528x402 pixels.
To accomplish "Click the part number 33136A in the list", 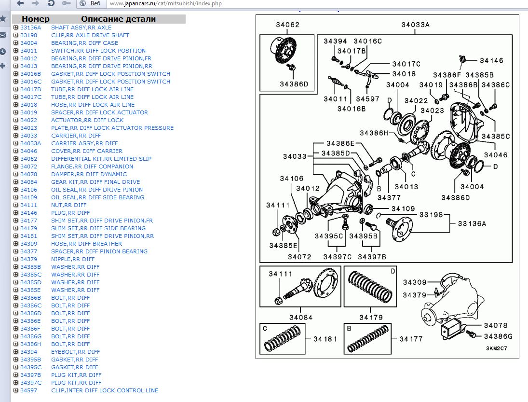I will tap(30, 28).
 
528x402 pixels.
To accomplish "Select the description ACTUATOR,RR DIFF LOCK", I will tap(87, 120).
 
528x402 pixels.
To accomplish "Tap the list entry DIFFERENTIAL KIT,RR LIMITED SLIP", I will tap(101, 159).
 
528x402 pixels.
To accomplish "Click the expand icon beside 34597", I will tap(16, 390).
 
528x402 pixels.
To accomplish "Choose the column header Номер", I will tap(36, 19).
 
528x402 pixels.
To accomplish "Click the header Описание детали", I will tap(118, 19).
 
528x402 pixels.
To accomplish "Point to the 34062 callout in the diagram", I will tap(288, 25).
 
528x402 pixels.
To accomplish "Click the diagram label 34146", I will tap(491, 61).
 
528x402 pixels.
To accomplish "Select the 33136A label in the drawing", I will tap(472, 223).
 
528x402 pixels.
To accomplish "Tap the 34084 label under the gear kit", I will tap(301, 317).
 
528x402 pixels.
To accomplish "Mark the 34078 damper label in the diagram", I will tap(496, 326).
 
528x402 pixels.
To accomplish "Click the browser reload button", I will tap(51, 3).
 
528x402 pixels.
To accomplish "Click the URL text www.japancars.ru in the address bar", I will tap(127, 3).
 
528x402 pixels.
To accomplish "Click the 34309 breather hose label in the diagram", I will tap(415, 282).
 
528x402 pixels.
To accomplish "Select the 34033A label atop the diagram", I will tap(415, 25).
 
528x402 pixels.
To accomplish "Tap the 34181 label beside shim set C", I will tap(325, 339).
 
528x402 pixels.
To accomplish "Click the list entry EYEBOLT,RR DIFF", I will tap(75, 352).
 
